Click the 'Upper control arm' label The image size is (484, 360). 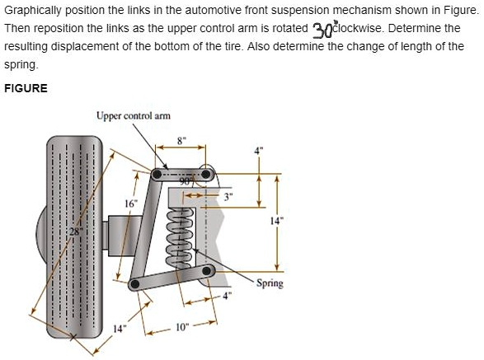(x=133, y=116)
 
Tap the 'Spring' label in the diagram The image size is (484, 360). (x=270, y=283)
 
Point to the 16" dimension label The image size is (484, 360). (x=129, y=203)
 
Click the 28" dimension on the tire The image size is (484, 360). (x=76, y=230)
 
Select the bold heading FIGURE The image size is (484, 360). (x=26, y=88)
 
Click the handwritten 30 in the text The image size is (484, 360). (x=322, y=30)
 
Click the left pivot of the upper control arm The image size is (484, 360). (x=157, y=174)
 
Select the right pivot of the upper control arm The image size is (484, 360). (x=206, y=174)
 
